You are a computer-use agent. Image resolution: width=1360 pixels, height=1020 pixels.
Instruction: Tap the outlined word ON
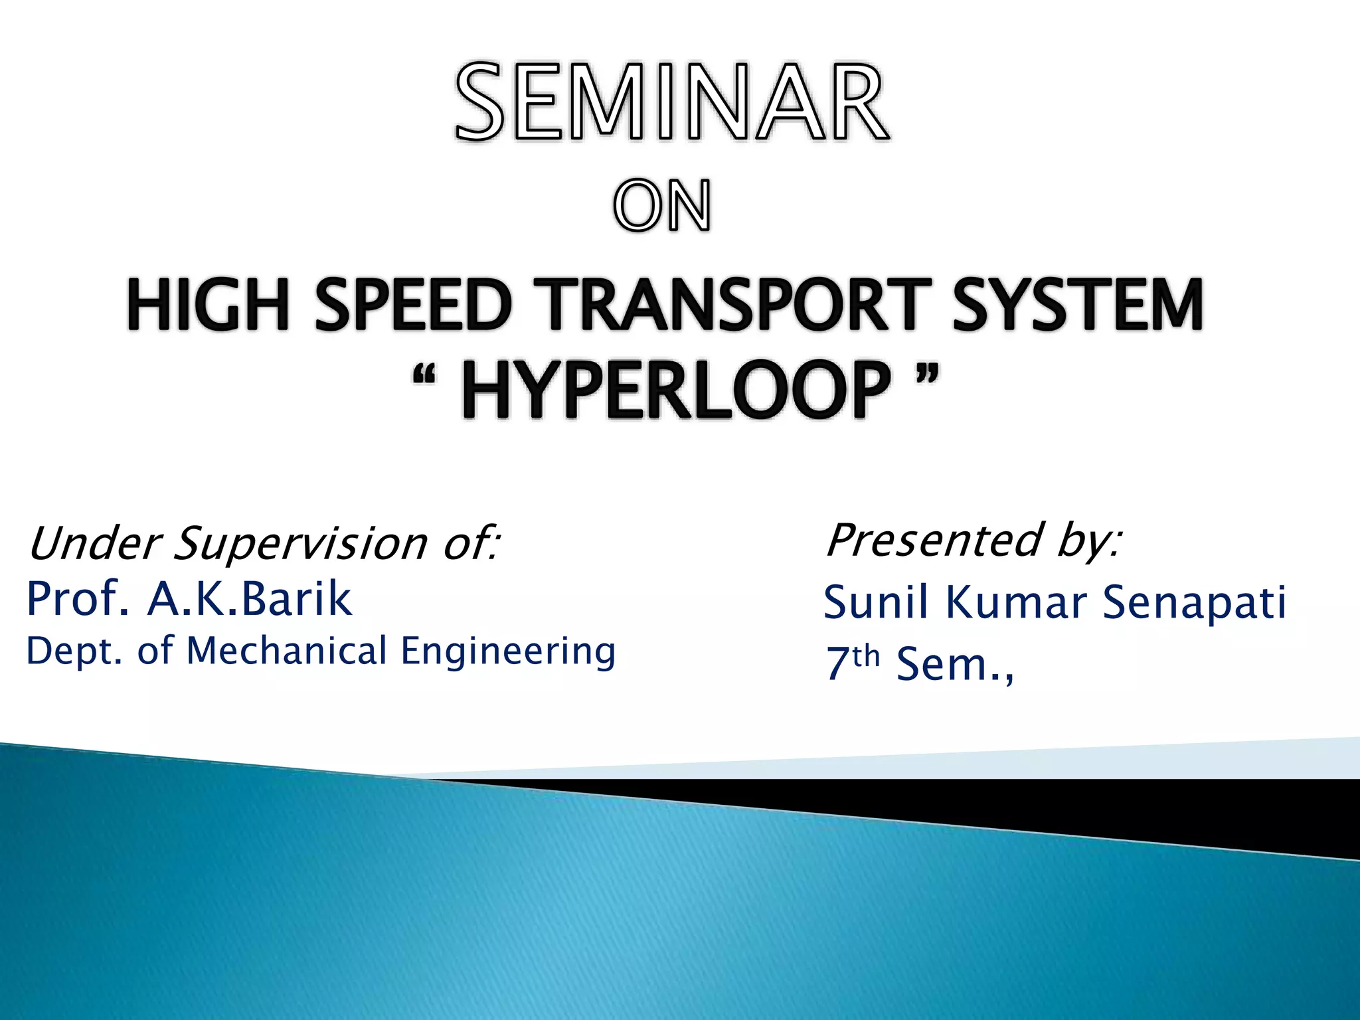pyautogui.click(x=662, y=207)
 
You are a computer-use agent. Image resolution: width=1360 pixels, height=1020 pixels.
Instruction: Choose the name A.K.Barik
pyautogui.click(x=250, y=599)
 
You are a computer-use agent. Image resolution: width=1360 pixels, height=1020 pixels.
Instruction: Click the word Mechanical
pyautogui.click(x=287, y=651)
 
